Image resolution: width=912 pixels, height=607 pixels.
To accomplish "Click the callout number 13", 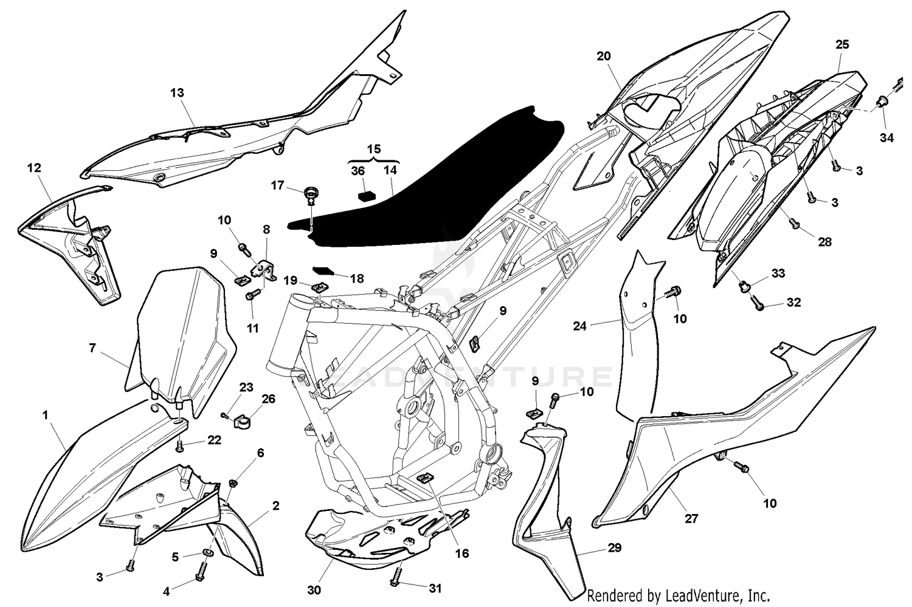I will pyautogui.click(x=177, y=93).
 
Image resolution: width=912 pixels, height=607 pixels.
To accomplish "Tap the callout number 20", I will pyautogui.click(x=603, y=56).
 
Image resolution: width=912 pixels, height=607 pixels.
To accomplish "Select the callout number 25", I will pyautogui.click(x=842, y=44).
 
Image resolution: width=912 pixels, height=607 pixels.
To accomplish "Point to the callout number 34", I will pyautogui.click(x=886, y=138).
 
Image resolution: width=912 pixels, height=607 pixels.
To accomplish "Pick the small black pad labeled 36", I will pyautogui.click(x=365, y=195).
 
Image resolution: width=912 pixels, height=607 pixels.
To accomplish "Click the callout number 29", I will pyautogui.click(x=614, y=548).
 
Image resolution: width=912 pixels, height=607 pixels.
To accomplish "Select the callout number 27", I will pyautogui.click(x=691, y=519).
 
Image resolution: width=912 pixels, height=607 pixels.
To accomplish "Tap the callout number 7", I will pyautogui.click(x=92, y=348).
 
